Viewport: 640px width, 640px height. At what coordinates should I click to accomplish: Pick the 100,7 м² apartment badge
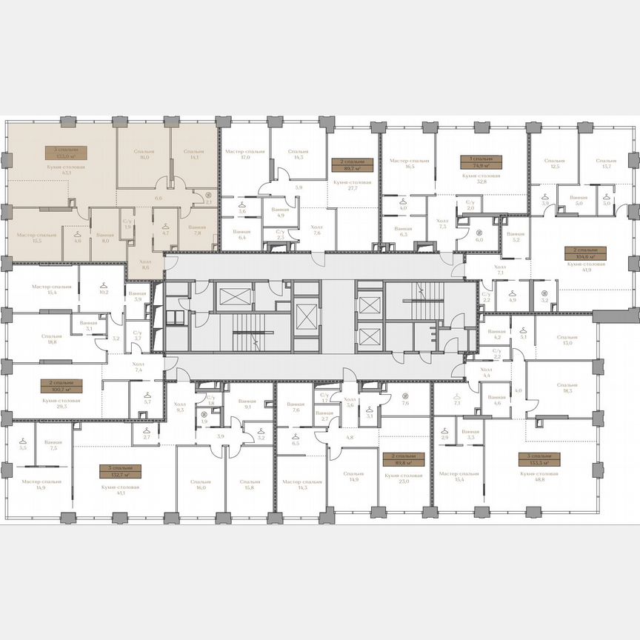[61, 386]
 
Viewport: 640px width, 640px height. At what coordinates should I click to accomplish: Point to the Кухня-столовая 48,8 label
[539, 476]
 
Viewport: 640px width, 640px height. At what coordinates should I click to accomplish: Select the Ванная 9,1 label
[247, 404]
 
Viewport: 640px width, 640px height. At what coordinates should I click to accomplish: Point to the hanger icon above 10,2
[104, 284]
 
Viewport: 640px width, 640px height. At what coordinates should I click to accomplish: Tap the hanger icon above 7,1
[457, 397]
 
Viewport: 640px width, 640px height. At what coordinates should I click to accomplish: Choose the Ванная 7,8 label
[197, 230]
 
